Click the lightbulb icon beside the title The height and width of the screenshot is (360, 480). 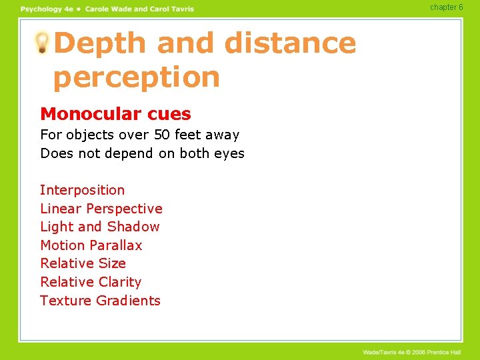42,43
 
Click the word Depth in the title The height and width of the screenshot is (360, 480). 99,43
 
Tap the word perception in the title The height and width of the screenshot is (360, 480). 136,77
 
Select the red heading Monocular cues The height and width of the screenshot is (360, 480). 115,115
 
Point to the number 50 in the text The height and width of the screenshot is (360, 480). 163,135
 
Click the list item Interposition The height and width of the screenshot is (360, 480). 82,190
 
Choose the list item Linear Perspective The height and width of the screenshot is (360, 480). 101,209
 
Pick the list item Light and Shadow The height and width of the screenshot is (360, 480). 100,227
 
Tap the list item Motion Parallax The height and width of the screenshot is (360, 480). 91,245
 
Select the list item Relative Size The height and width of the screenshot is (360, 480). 83,263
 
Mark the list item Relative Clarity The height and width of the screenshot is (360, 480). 91,282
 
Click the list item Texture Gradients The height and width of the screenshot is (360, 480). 100,301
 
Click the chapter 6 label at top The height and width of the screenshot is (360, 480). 446,7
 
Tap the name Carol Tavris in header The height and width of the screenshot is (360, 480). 171,9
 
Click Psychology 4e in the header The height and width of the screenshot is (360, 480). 47,9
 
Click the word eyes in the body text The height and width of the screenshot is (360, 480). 229,153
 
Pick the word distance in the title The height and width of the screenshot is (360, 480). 290,43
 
